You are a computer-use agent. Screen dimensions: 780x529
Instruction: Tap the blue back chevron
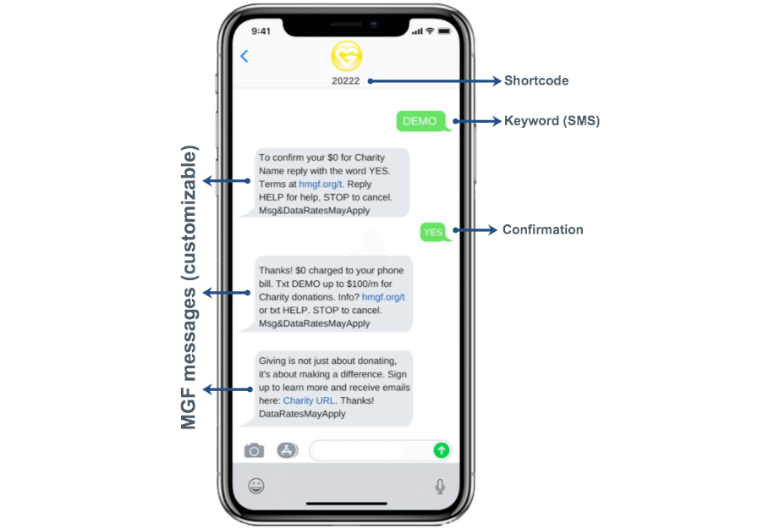click(x=244, y=56)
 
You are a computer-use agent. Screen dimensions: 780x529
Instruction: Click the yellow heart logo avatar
click(x=347, y=56)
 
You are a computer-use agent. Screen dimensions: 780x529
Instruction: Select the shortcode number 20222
click(x=346, y=80)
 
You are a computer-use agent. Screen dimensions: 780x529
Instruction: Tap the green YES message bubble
click(x=435, y=232)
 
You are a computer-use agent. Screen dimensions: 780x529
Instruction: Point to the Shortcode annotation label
click(x=536, y=80)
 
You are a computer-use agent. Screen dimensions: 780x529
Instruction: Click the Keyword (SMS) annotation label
click(x=552, y=121)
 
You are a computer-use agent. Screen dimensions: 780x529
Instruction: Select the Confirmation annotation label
click(x=543, y=229)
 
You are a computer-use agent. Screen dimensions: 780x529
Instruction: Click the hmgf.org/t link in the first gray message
click(x=321, y=185)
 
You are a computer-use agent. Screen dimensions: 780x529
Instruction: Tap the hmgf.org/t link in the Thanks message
click(x=383, y=297)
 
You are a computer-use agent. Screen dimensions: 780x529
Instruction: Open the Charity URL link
click(x=309, y=400)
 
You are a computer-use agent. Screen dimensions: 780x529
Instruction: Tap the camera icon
click(x=254, y=450)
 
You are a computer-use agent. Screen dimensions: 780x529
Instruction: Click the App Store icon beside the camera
click(x=287, y=450)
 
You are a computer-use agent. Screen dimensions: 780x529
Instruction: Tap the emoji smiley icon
click(x=256, y=486)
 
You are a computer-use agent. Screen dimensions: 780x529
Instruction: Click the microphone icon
click(x=440, y=486)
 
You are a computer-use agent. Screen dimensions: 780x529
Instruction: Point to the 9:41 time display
click(x=261, y=31)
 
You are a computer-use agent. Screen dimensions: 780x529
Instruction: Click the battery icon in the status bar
click(x=444, y=30)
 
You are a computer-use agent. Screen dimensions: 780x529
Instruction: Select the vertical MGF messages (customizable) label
click(x=189, y=287)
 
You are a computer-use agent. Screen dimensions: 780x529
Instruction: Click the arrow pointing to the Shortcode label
click(x=434, y=81)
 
